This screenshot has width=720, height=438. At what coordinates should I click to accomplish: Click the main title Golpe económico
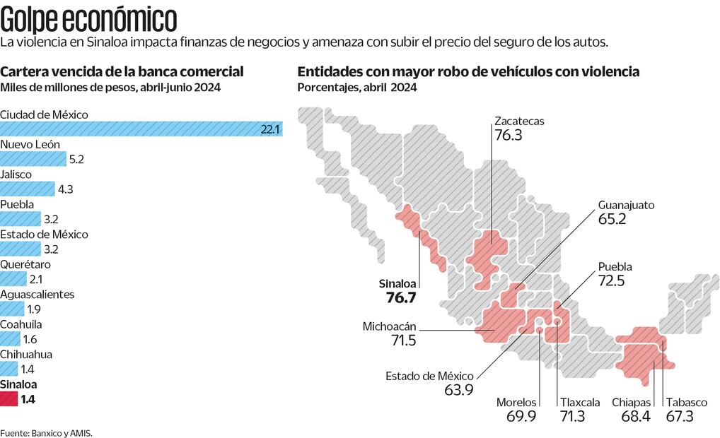[x=88, y=19]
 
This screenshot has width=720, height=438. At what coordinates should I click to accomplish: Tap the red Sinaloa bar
[x=8, y=399]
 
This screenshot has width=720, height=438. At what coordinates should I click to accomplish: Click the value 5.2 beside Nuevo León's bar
[x=76, y=160]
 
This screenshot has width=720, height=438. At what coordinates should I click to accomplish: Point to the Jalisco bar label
[x=16, y=174]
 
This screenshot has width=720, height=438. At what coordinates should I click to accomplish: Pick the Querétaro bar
[x=13, y=279]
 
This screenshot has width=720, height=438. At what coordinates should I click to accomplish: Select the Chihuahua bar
[x=8, y=369]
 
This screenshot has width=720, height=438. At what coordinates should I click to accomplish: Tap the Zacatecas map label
[x=519, y=121]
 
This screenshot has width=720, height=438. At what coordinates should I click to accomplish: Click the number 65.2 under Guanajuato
[x=612, y=220]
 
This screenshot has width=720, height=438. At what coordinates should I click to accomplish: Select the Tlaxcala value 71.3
[x=572, y=416]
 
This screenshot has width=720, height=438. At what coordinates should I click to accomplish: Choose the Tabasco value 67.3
[x=681, y=416]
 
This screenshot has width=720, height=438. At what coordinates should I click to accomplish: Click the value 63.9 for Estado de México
[x=458, y=390]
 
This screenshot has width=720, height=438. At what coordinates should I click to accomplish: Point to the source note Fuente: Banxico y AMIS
[x=47, y=432]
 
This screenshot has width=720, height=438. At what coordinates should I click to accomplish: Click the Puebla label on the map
[x=615, y=267]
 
